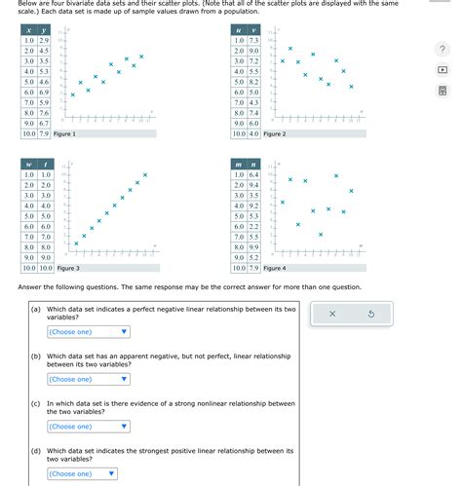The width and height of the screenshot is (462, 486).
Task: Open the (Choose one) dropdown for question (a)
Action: [81, 331]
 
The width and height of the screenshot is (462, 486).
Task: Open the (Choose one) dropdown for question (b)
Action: [81, 379]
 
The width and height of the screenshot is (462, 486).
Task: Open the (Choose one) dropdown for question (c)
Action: [81, 426]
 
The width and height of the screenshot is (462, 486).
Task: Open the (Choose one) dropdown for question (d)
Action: [81, 473]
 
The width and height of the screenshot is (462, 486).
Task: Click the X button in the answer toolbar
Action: [332, 314]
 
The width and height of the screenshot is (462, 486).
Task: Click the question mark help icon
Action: [442, 50]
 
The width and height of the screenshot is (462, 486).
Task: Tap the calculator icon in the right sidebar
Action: [442, 91]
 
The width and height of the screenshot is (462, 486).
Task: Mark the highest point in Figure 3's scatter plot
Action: [145, 175]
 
